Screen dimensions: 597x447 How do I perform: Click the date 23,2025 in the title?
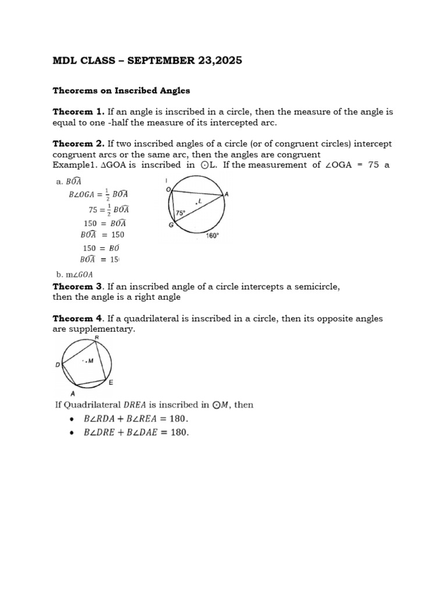pyautogui.click(x=216, y=61)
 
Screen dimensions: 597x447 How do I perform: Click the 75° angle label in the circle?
pyautogui.click(x=180, y=213)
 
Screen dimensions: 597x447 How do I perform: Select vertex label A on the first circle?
pyautogui.click(x=226, y=195)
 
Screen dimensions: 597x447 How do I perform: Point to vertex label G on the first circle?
pyautogui.click(x=171, y=225)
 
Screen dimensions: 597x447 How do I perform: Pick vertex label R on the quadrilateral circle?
pyautogui.click(x=96, y=338)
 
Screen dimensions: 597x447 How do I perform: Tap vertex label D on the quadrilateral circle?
pyautogui.click(x=58, y=365)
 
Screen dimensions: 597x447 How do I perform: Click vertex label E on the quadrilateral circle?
pyautogui.click(x=111, y=382)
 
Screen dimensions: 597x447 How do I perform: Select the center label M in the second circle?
pyautogui.click(x=90, y=361)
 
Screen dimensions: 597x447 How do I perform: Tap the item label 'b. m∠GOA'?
pyautogui.click(x=73, y=274)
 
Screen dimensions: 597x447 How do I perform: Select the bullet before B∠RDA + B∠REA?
pyautogui.click(x=71, y=419)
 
